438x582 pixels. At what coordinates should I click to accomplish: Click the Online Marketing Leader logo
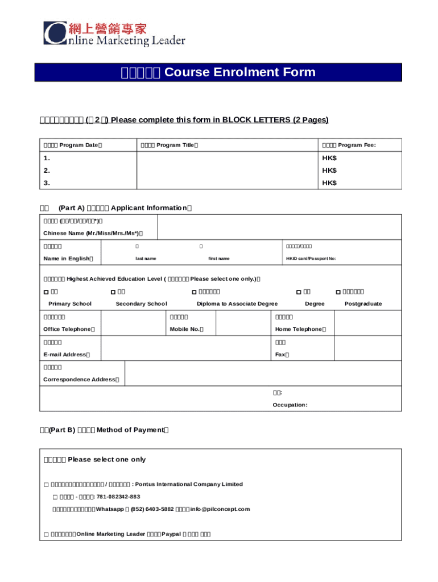point(114,34)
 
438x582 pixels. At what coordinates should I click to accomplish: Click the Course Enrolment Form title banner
point(218,73)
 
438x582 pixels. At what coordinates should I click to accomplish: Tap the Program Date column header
point(73,145)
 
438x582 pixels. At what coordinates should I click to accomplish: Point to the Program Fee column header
point(349,145)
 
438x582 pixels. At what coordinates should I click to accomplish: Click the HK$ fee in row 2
point(329,171)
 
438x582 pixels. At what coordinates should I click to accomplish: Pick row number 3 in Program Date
point(47,183)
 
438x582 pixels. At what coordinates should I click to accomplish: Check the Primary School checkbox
point(46,292)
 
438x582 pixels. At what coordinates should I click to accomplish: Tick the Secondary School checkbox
point(112,292)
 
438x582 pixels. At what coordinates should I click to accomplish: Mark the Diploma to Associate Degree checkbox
point(194,292)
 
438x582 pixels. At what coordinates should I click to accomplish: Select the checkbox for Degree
point(299,292)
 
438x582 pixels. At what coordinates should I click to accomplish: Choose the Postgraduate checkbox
point(338,292)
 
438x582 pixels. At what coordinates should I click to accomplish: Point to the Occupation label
point(290,405)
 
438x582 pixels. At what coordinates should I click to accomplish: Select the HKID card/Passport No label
point(311,259)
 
